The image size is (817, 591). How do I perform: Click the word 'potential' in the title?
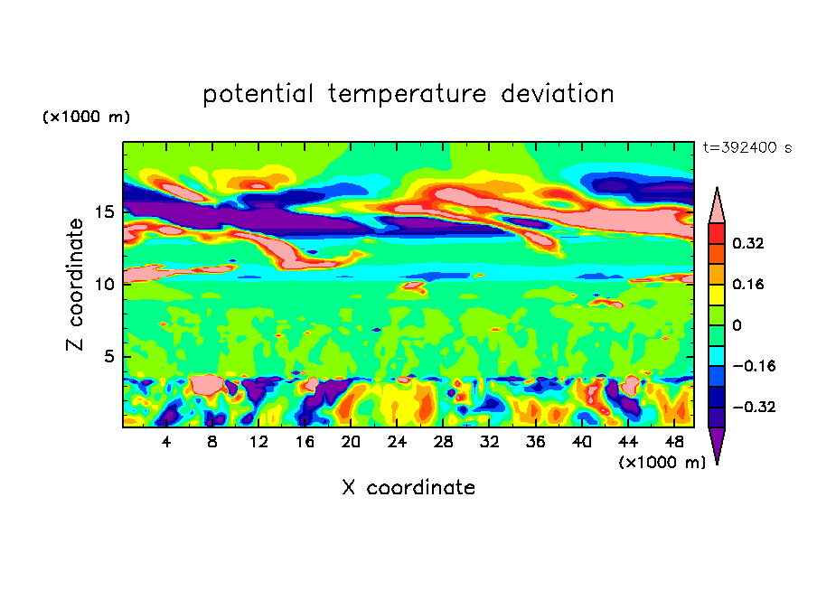click(258, 94)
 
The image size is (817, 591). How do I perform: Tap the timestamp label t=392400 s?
click(747, 148)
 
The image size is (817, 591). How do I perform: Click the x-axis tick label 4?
click(166, 442)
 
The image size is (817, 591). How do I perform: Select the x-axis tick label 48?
click(673, 442)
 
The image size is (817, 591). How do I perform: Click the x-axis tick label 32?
click(489, 442)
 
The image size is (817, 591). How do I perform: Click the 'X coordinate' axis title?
click(408, 488)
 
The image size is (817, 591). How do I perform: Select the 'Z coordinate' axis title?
click(77, 285)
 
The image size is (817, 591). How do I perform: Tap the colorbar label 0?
click(737, 325)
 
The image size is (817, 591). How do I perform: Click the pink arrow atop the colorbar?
click(717, 206)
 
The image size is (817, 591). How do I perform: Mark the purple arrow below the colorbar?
click(717, 445)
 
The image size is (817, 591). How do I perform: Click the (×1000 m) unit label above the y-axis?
click(86, 117)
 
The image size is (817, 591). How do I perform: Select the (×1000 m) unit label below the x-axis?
click(662, 463)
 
